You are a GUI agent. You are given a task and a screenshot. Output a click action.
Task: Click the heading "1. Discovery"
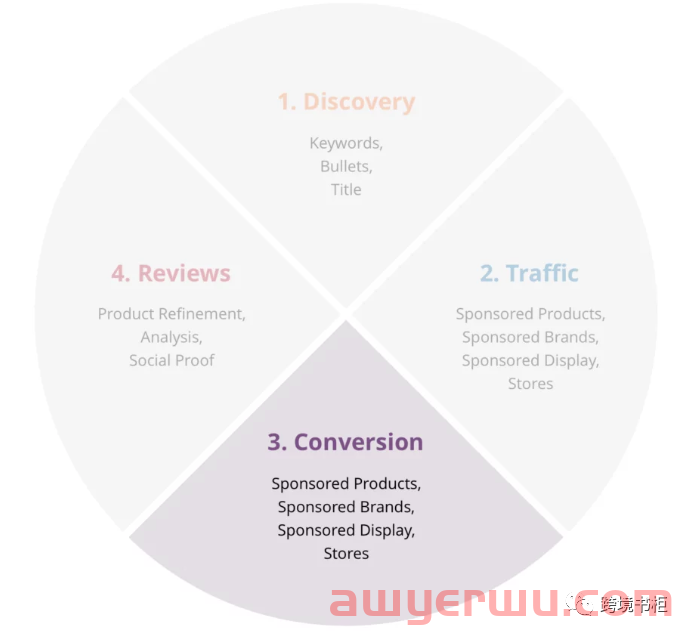pos(346,102)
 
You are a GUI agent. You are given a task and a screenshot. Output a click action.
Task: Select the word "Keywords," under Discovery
pos(346,143)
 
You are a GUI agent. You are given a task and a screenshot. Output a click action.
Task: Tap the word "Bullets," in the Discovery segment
pos(346,166)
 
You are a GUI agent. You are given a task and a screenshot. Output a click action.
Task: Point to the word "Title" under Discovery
pos(346,189)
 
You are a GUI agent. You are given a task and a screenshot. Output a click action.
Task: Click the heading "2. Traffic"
pos(529,273)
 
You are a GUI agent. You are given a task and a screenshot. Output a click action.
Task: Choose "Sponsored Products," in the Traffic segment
pos(530,314)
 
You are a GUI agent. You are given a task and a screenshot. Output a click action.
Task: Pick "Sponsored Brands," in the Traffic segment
pos(530,337)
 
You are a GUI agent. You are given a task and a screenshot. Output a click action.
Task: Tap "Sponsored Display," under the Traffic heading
pos(530,360)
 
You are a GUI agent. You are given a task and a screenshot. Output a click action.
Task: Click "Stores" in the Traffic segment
pos(530,383)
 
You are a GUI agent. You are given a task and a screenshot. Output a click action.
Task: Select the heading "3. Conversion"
pos(345,442)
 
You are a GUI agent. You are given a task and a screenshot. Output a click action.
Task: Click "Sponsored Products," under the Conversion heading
pos(346,484)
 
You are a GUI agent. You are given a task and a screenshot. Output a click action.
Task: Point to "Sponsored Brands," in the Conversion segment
pos(346,507)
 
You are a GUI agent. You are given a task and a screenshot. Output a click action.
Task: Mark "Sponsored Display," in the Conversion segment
pos(346,530)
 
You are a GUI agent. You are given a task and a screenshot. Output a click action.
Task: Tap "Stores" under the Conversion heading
pos(346,553)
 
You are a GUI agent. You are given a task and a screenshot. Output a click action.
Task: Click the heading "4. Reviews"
pos(171,273)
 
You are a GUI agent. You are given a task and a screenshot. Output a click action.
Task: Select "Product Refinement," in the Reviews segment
pos(172,314)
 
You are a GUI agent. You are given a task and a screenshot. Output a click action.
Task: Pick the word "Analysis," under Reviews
pos(172,337)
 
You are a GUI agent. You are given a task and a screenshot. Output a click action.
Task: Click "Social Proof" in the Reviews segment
pos(172,360)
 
